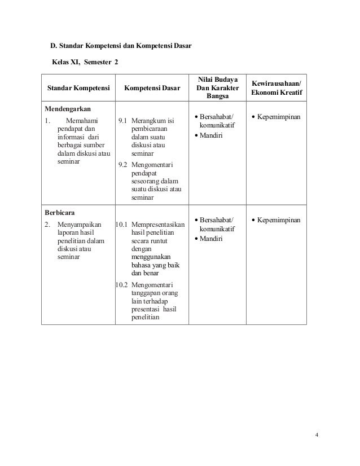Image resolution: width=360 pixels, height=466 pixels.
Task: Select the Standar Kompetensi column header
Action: tap(78, 89)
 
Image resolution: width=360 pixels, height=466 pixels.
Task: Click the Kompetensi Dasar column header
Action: tap(152, 89)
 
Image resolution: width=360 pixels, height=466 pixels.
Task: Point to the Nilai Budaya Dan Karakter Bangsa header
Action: tap(218, 89)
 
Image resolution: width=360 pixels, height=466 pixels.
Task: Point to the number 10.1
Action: tap(121, 225)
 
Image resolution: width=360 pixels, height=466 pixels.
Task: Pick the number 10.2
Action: tap(121, 285)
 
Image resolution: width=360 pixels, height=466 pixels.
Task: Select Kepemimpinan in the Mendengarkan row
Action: tap(279, 117)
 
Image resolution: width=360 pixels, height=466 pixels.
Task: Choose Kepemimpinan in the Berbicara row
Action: tap(279, 219)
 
